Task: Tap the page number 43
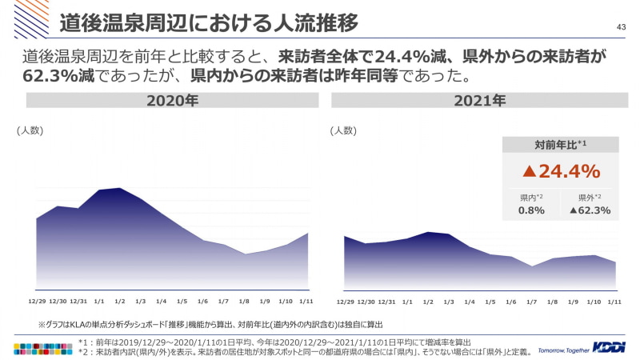coord(620,27)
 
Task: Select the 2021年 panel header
coord(480,102)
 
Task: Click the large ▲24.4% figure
coord(561,170)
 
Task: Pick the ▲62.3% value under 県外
coord(590,210)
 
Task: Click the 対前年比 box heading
coord(560,145)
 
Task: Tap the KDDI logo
coord(610,346)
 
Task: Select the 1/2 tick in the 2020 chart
coord(119,302)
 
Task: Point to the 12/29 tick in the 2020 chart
coord(37,302)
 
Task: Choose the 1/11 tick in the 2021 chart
coord(614,302)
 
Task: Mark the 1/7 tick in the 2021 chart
coord(532,302)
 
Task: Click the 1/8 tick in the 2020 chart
coord(244,302)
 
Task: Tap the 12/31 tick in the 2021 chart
coord(386,302)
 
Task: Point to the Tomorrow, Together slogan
coord(563,350)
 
